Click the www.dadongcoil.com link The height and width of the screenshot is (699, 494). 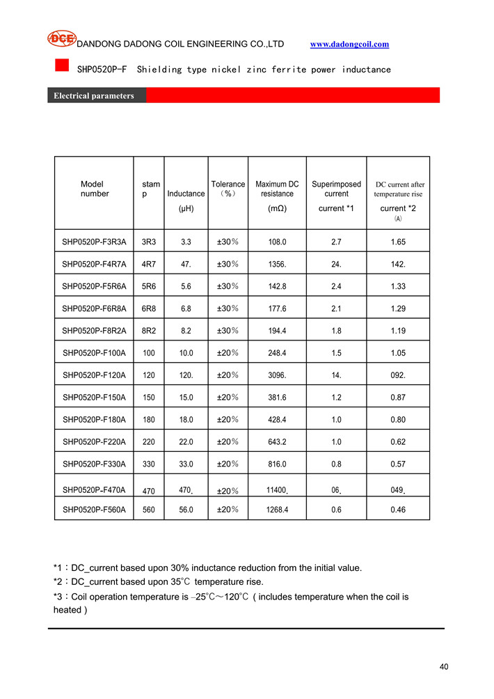pyautogui.click(x=349, y=45)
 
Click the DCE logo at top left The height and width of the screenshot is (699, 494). pyautogui.click(x=61, y=39)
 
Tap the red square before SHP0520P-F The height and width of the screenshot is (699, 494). pyautogui.click(x=62, y=65)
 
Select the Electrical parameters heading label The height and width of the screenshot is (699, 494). pyautogui.click(x=94, y=96)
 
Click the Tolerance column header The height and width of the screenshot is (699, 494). pyautogui.click(x=228, y=189)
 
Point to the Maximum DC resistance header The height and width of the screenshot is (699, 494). pyautogui.click(x=277, y=189)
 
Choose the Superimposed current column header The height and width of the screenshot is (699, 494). pyautogui.click(x=336, y=189)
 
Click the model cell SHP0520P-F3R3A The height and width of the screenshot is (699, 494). pyautogui.click(x=94, y=242)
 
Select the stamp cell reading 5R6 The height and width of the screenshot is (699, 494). pyautogui.click(x=148, y=287)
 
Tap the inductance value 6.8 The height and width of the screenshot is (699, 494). pyautogui.click(x=186, y=309)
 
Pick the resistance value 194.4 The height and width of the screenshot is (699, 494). pyautogui.click(x=277, y=331)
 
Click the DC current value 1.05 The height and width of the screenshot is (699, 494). pyautogui.click(x=398, y=354)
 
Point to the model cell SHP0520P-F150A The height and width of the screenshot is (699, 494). pyautogui.click(x=94, y=398)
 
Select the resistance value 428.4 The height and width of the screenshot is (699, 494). pyautogui.click(x=277, y=421)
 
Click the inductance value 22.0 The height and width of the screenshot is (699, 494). pyautogui.click(x=186, y=442)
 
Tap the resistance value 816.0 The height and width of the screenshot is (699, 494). pyautogui.click(x=277, y=464)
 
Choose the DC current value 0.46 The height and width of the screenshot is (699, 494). pyautogui.click(x=398, y=510)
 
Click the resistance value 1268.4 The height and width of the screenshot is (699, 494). pyautogui.click(x=277, y=510)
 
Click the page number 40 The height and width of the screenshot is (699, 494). pyautogui.click(x=444, y=668)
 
